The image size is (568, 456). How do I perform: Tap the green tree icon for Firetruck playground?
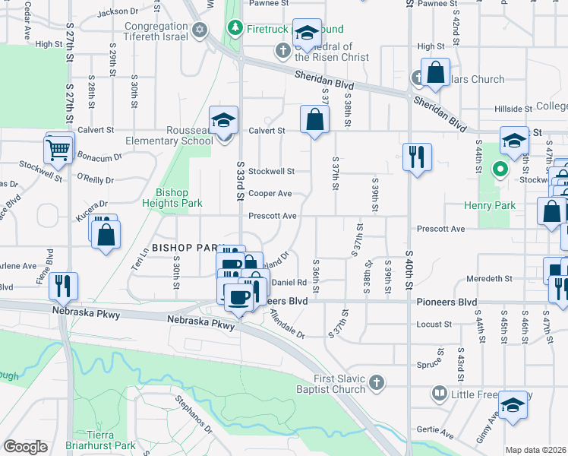tap(236, 29)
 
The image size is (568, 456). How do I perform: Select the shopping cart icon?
tap(58, 150)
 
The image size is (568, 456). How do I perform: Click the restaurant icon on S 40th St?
tap(416, 157)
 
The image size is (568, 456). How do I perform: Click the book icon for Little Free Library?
tap(440, 394)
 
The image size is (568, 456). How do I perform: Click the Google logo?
tap(25, 447)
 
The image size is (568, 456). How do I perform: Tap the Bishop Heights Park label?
tap(172, 198)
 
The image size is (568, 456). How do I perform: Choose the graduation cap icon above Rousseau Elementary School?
tap(224, 120)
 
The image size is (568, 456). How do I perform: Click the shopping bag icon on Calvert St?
tap(314, 119)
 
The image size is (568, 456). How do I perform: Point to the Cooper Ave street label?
tap(270, 194)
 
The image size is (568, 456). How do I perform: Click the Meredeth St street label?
tap(490, 279)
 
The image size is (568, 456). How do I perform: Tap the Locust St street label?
tap(434, 325)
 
